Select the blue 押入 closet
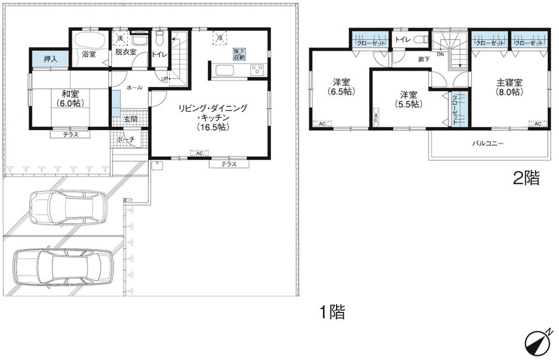[49, 58]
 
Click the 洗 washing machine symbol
[120, 38]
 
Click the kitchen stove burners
[257, 70]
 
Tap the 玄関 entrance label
[130, 119]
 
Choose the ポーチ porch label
[127, 140]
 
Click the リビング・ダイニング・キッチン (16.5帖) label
[212, 117]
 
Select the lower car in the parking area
[62, 266]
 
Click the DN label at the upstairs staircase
[440, 54]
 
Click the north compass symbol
[538, 342]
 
